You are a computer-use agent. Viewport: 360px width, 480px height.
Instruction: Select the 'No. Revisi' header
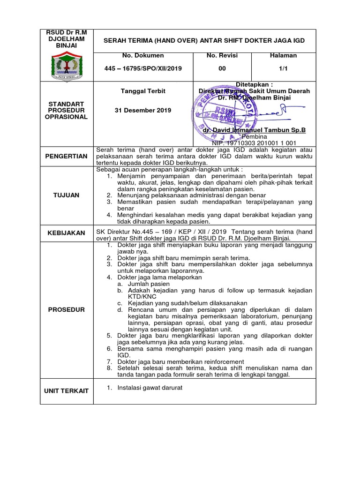[222, 55]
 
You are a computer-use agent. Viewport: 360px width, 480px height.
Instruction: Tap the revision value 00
[222, 68]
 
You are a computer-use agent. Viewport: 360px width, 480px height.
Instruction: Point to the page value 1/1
[283, 68]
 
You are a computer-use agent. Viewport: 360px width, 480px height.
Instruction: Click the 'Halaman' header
[283, 55]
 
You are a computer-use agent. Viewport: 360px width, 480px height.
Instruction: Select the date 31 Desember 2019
[143, 110]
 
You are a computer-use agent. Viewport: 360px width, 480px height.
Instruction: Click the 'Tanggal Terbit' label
[143, 90]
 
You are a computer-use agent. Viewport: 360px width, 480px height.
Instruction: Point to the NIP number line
[254, 142]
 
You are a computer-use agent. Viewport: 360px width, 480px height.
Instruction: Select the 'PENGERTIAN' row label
[66, 156]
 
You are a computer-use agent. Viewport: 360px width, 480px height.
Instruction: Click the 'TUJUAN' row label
[66, 195]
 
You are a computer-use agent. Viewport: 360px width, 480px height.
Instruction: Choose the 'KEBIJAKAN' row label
[66, 233]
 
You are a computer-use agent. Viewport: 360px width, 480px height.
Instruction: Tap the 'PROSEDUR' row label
[66, 310]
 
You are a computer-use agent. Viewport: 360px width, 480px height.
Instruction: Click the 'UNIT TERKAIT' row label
[66, 390]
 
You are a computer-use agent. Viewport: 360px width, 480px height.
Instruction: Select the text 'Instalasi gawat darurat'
[150, 388]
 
